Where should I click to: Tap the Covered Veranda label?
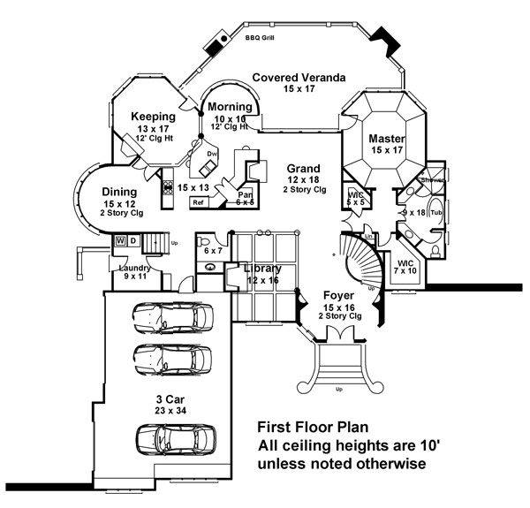click(x=298, y=78)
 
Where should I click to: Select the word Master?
click(x=387, y=139)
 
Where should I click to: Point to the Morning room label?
click(x=231, y=107)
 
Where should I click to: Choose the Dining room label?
click(x=118, y=192)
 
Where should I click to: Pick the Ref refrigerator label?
click(x=198, y=201)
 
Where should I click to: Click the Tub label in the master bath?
click(x=435, y=212)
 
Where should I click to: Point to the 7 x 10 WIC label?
click(x=406, y=268)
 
